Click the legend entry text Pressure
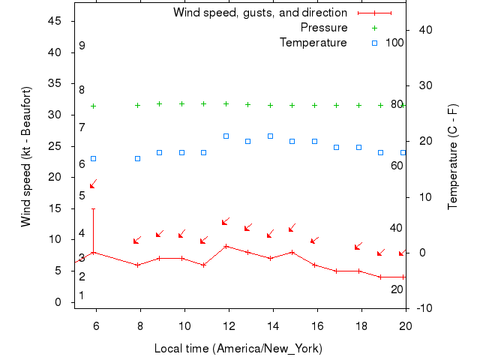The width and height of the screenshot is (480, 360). coord(323,28)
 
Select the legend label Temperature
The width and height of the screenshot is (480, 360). coord(313,43)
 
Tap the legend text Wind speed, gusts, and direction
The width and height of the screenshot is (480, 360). coord(259,13)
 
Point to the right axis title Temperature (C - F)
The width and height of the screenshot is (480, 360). coord(453,156)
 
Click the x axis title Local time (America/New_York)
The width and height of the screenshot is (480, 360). coord(238,349)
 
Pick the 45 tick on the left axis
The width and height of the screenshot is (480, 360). coord(54,21)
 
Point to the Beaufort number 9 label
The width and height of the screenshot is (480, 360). coord(82,46)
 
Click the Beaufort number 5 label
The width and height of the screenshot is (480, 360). coord(82,196)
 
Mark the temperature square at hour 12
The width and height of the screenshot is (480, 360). coord(226,136)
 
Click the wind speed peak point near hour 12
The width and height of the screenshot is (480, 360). coord(226,246)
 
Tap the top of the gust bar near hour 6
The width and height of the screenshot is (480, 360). coord(93,209)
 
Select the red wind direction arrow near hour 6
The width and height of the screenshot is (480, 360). coord(93,184)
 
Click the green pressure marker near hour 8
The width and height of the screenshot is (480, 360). coord(137,106)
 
